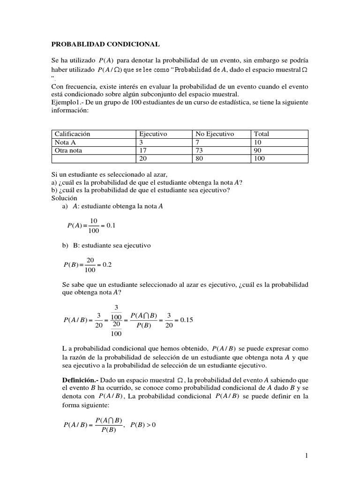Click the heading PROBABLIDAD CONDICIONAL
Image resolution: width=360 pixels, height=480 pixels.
tap(105, 44)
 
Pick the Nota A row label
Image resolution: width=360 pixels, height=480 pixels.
tap(66, 142)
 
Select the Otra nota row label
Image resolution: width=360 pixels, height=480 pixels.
tap(70, 150)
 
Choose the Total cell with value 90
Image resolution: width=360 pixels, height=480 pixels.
tap(258, 150)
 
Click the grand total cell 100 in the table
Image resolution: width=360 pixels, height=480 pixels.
tap(259, 159)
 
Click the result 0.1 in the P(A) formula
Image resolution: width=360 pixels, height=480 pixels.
tap(111, 225)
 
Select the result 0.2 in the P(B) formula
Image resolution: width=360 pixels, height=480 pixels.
tap(106, 264)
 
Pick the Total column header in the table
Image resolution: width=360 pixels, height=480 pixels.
tap(262, 134)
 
